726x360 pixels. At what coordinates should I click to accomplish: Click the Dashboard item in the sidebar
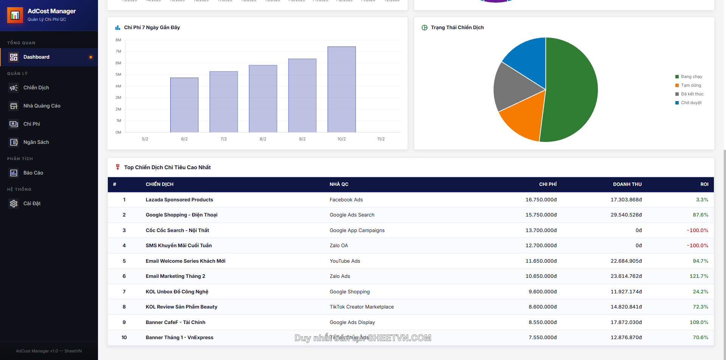click(36, 57)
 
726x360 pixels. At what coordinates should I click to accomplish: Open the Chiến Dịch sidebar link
click(36, 88)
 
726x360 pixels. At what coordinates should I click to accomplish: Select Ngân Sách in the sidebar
click(36, 142)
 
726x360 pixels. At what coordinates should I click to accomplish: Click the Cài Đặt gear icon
click(14, 204)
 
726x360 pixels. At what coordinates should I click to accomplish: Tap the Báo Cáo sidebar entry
click(33, 173)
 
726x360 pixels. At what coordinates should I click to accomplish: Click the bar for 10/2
click(341, 89)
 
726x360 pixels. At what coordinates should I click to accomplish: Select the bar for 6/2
click(184, 105)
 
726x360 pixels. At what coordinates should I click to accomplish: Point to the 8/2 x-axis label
click(263, 139)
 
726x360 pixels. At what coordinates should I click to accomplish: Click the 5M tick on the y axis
click(118, 75)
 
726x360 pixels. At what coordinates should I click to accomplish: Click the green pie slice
click(571, 91)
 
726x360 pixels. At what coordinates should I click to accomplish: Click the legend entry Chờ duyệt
click(691, 103)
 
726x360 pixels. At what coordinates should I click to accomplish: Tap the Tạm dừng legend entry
click(691, 86)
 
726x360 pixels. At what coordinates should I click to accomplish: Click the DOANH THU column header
click(627, 184)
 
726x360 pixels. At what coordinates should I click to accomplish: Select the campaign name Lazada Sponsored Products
click(179, 200)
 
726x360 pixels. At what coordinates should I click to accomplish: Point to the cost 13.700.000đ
click(541, 231)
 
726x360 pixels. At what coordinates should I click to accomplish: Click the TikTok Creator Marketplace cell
click(361, 307)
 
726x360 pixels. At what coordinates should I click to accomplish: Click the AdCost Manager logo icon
click(15, 15)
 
